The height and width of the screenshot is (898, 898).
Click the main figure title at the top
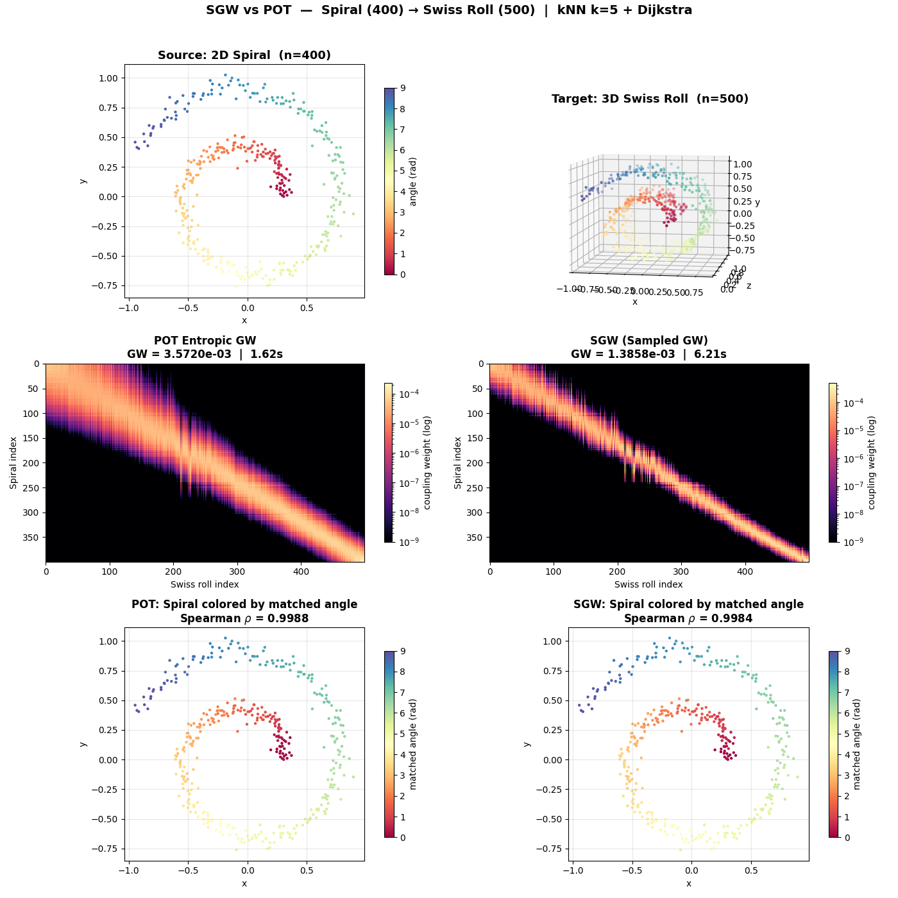(449, 10)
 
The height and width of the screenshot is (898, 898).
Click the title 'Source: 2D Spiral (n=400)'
(244, 55)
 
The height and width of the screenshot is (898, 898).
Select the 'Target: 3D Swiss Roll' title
(650, 99)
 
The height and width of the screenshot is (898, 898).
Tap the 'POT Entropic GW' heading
(205, 341)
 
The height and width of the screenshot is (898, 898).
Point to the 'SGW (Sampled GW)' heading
(649, 341)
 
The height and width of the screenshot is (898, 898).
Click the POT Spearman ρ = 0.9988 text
(244, 618)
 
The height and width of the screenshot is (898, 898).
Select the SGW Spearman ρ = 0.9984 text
(688, 618)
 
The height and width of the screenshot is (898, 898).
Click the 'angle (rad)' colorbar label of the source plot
(413, 182)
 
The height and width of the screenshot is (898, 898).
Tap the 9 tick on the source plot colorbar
(402, 88)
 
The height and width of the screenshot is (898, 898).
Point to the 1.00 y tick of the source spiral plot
(109, 78)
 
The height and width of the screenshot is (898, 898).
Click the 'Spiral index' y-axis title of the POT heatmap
(13, 463)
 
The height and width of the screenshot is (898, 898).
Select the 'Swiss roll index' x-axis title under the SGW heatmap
(648, 584)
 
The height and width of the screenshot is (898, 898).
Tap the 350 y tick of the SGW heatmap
(477, 538)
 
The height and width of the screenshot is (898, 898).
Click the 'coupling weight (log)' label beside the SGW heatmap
(871, 463)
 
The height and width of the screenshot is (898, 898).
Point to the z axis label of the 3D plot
(749, 285)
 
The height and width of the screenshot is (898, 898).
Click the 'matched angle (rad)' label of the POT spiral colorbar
(413, 744)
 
